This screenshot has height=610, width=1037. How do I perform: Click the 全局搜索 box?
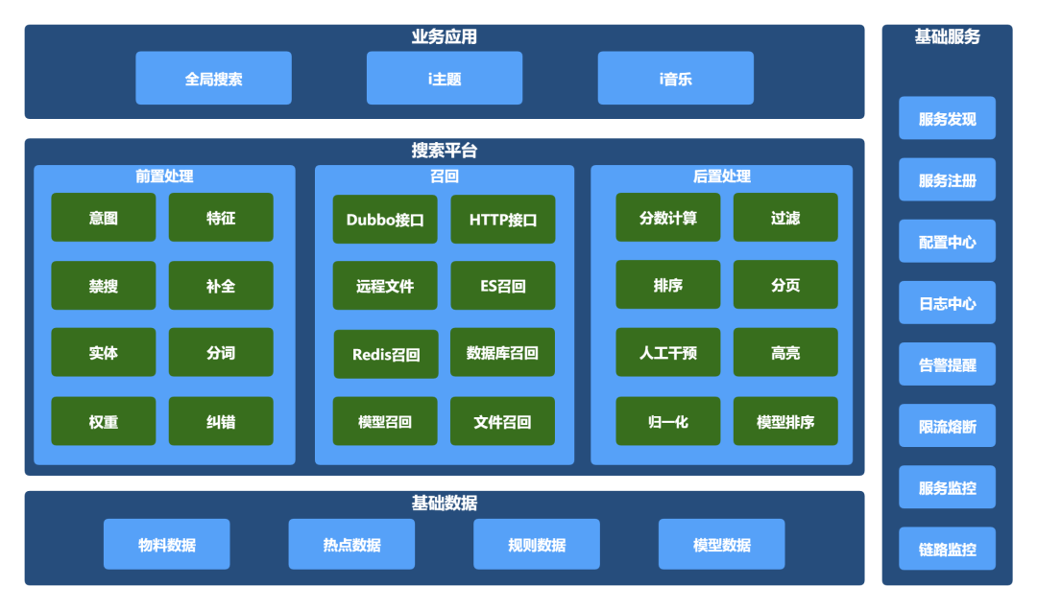click(213, 79)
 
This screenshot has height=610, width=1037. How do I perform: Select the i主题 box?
click(445, 79)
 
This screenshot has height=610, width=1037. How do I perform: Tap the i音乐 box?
click(675, 79)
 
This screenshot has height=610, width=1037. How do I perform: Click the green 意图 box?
click(104, 218)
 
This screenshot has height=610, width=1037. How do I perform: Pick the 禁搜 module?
click(104, 286)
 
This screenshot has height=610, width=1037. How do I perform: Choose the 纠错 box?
click(221, 421)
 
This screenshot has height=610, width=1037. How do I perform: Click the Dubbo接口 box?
click(385, 220)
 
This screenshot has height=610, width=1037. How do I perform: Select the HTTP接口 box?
click(503, 220)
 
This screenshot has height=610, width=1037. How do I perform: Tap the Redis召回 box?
click(386, 354)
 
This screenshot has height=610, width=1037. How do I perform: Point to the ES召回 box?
click(503, 286)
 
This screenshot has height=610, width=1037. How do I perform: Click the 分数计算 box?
click(668, 218)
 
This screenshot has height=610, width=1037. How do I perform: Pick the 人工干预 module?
click(668, 353)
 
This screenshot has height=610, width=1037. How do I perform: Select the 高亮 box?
click(785, 353)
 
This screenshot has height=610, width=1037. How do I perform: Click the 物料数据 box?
click(167, 545)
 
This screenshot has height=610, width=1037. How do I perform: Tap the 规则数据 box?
click(537, 545)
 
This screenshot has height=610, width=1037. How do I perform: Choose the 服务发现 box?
click(947, 119)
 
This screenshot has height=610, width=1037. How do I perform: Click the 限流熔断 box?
click(947, 426)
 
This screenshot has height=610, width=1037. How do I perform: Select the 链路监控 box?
click(947, 550)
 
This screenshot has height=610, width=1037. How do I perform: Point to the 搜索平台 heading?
click(444, 151)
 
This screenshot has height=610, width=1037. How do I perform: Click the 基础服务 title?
click(947, 37)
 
